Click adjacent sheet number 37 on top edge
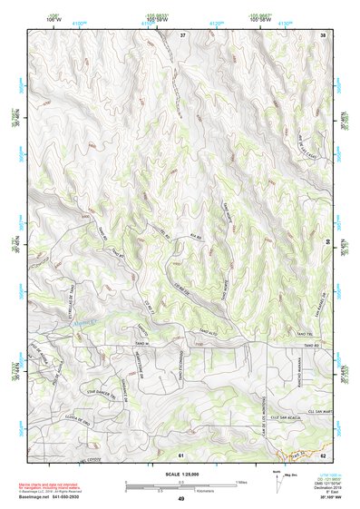pos(182,34)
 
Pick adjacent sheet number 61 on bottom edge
pos(181,454)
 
